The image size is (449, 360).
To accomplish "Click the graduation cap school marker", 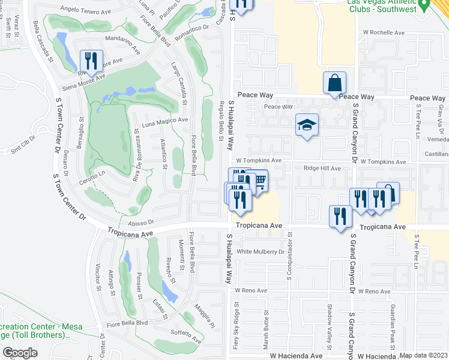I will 307,125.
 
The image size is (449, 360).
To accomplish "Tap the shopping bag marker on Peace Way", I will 334,83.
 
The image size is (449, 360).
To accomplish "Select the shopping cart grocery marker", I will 259,180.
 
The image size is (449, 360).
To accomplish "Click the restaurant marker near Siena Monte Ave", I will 91,60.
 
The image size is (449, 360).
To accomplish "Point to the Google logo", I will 21,353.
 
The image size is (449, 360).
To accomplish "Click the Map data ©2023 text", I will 424,355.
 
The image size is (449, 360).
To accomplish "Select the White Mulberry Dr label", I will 261,252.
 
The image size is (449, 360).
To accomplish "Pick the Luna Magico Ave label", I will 164,122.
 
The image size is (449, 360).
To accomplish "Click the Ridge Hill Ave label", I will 322,169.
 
